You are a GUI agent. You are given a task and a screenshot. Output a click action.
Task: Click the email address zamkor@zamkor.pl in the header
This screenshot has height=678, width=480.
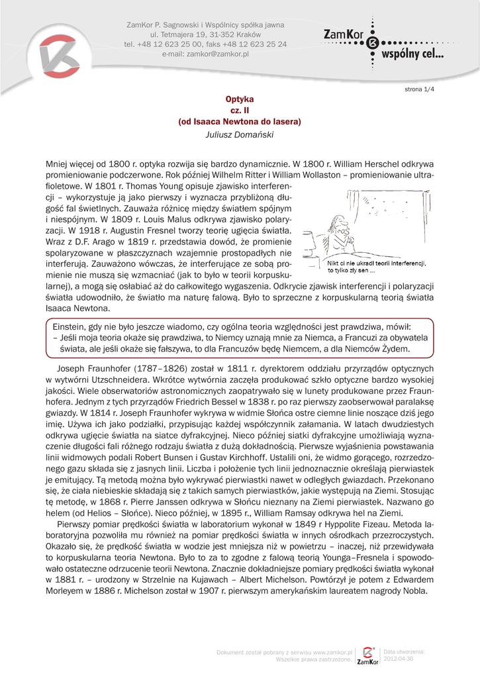click(217, 54)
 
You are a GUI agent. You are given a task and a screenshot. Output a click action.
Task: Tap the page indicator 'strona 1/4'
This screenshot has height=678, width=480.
click(419, 89)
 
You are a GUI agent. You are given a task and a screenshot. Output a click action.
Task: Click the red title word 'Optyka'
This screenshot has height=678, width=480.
click(240, 99)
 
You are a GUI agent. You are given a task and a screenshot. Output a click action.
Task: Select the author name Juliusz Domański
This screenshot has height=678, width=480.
click(240, 134)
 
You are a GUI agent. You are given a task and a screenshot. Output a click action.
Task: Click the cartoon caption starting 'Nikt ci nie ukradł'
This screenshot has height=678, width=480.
click(377, 266)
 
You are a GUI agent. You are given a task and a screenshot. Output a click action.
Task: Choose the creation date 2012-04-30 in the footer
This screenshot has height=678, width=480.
click(399, 659)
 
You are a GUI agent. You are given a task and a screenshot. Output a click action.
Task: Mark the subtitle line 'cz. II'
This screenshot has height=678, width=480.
click(240, 110)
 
